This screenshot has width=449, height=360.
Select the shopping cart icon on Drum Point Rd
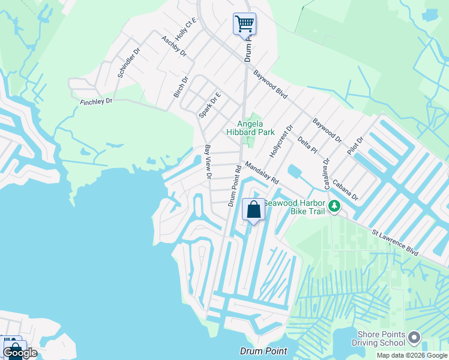pos(244,25)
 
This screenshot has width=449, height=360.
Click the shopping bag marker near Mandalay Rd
pos(253,210)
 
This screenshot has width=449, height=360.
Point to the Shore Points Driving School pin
pos(414,338)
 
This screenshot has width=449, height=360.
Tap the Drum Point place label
pos(263,351)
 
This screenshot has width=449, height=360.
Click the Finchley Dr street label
pos(96,102)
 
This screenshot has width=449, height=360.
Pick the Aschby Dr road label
pos(174,46)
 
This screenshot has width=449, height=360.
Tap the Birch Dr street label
pos(181,88)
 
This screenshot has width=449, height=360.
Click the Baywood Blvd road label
pos(270,85)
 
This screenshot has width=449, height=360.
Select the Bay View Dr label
pos(208,162)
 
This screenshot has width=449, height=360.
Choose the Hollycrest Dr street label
pos(280,141)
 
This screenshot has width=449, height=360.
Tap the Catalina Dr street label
pos(327,174)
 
